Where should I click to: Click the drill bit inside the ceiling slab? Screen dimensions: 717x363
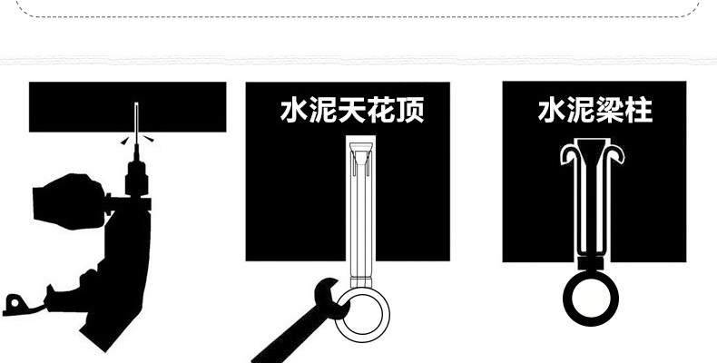tap(136, 117)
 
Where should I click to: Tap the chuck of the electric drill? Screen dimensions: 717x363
tap(136, 177)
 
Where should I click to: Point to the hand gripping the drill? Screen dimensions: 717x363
tap(70, 201)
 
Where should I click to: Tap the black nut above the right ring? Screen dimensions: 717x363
tap(591, 263)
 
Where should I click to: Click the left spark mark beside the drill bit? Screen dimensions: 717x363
tap(125, 142)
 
